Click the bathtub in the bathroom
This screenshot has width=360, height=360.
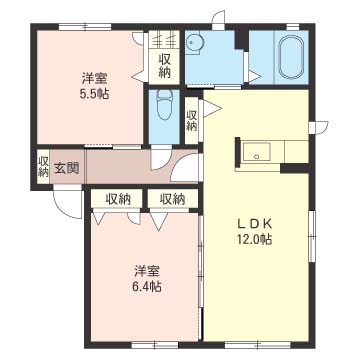(x=291, y=57)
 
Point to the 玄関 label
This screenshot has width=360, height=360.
(x=67, y=167)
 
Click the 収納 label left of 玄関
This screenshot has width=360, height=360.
(x=43, y=166)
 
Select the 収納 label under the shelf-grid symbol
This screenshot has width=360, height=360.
(x=165, y=65)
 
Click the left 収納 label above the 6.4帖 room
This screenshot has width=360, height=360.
(x=119, y=199)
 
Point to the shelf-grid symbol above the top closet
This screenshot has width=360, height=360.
(x=165, y=41)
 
